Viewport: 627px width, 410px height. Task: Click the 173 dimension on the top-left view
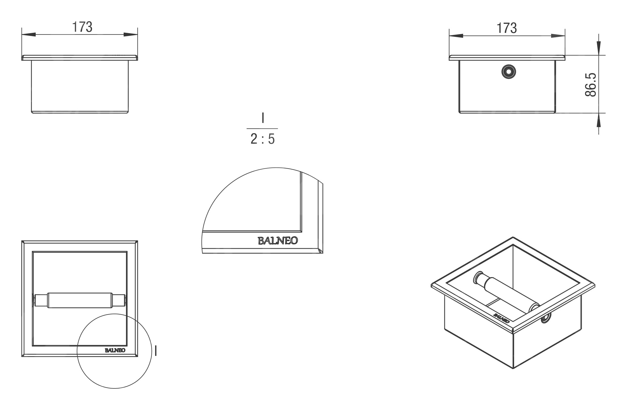[x=82, y=27]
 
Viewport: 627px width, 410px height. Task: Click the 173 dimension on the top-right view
[x=507, y=28]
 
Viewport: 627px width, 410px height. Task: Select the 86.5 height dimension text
[x=591, y=85]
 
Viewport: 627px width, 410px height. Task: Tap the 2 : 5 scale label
[x=263, y=139]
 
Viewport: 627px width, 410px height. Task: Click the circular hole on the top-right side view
[x=508, y=72]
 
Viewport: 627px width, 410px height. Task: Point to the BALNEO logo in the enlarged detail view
[x=278, y=241]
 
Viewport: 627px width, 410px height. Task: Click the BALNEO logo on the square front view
[x=115, y=350]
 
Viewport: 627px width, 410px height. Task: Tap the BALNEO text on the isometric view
[x=501, y=318]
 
